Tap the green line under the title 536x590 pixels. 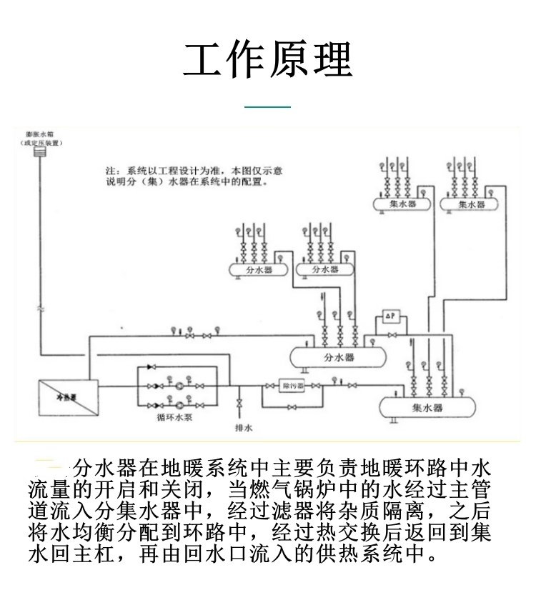268,107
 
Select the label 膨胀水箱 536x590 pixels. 40,134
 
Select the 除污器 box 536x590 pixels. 291,386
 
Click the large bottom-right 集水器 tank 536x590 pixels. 427,407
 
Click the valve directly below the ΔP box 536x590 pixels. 390,334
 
